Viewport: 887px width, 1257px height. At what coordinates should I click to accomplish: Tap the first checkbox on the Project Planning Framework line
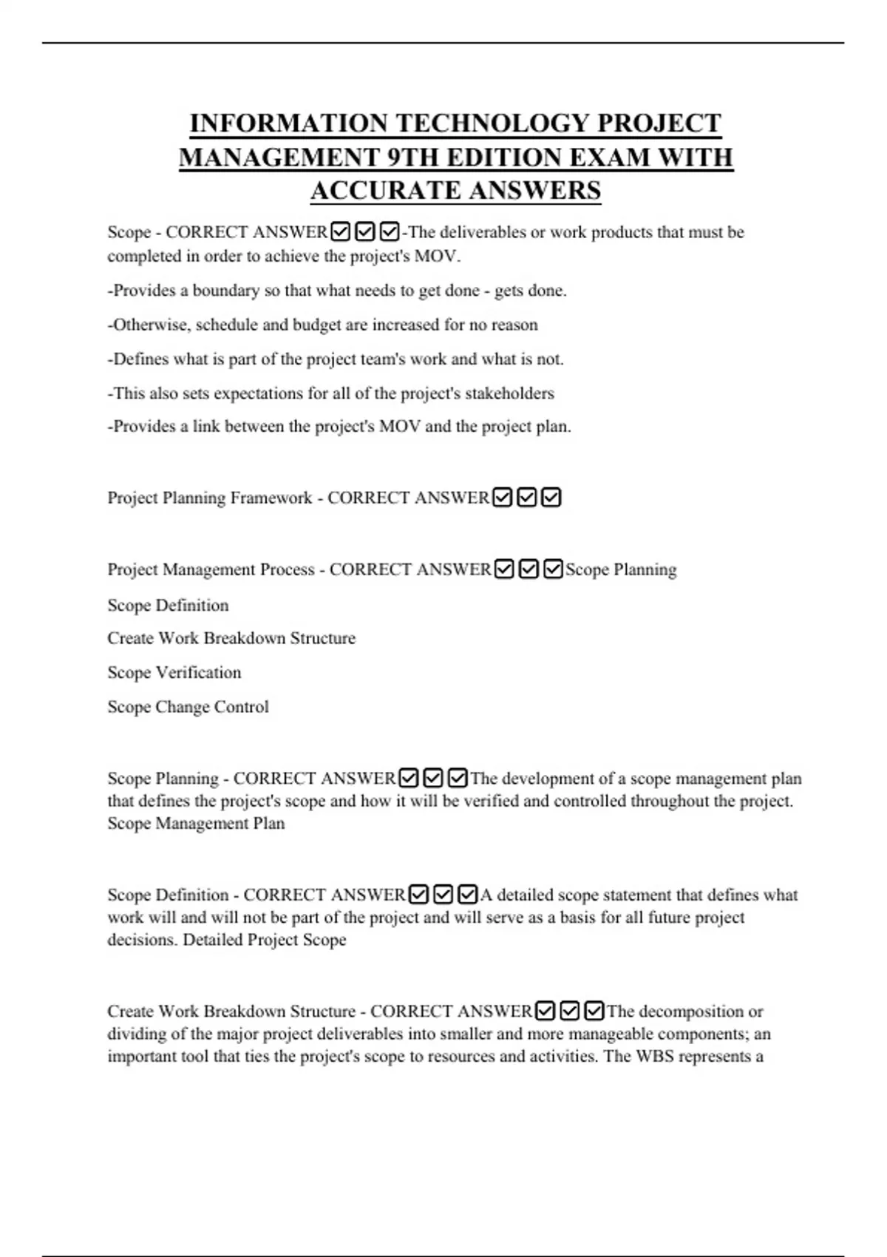point(503,498)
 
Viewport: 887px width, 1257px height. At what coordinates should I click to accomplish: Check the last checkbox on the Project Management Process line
point(552,569)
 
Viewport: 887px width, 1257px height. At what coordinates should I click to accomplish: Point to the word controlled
point(589,802)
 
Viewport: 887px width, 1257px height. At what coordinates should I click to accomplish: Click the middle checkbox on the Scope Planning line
point(433,779)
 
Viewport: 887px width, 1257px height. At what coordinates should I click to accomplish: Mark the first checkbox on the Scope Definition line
point(418,895)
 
